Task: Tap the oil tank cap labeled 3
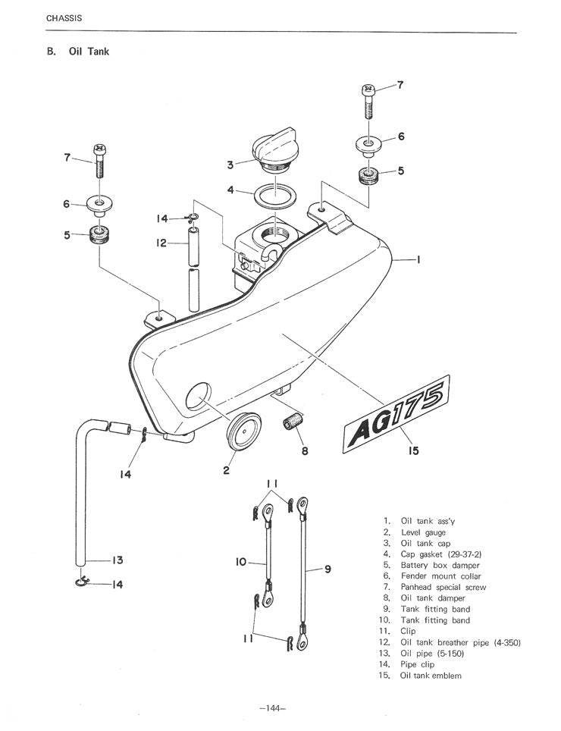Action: click(x=274, y=152)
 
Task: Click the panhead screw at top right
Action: click(x=368, y=99)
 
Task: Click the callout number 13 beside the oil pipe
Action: click(x=117, y=560)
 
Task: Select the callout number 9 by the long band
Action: click(x=328, y=571)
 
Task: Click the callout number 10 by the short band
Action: click(x=242, y=563)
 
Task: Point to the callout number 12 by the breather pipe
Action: click(x=161, y=243)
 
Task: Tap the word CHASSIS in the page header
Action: click(x=64, y=17)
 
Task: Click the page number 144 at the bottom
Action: click(x=272, y=709)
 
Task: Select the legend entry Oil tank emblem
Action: click(x=431, y=676)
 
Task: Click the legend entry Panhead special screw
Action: click(x=443, y=587)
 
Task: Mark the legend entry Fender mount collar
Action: click(x=440, y=576)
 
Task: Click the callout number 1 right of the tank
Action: click(x=419, y=259)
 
